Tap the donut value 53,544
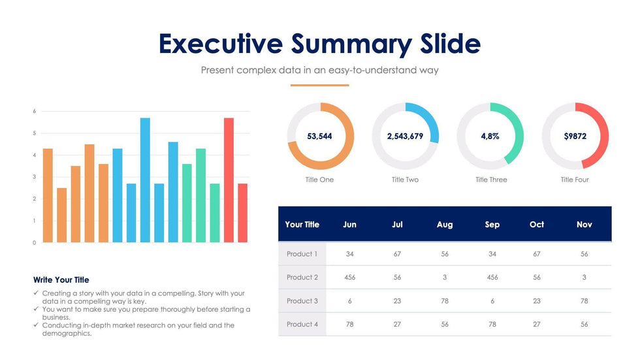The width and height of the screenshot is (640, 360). (320, 137)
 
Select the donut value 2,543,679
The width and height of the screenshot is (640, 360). (405, 137)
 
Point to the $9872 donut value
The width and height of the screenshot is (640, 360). (575, 137)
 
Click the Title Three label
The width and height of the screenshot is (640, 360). (491, 180)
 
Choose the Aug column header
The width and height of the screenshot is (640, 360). (445, 225)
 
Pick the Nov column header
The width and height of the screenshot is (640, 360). (584, 225)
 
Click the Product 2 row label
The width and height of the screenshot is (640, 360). (302, 278)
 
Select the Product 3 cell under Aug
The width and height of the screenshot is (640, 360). (445, 301)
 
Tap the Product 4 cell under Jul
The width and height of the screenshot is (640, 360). (397, 325)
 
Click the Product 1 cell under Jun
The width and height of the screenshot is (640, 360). (350, 254)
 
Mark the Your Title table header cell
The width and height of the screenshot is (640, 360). (302, 225)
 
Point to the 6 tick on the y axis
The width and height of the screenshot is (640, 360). (35, 112)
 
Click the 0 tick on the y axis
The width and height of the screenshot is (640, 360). (35, 243)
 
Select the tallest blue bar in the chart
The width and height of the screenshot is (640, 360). (145, 180)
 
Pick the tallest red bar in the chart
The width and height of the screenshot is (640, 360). (229, 180)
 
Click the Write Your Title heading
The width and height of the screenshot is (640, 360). (61, 280)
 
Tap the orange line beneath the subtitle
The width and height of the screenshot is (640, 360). (319, 85)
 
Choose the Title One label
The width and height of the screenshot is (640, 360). (319, 180)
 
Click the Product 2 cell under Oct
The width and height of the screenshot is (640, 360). (537, 278)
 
